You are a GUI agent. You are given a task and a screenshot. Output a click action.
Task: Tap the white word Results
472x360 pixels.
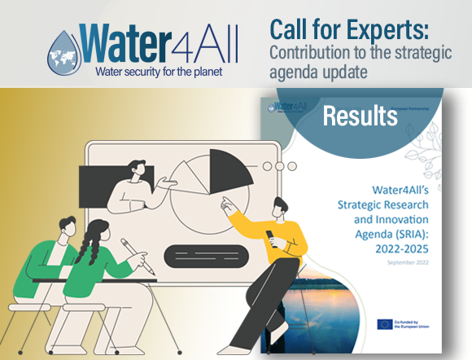[x=360, y=116]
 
